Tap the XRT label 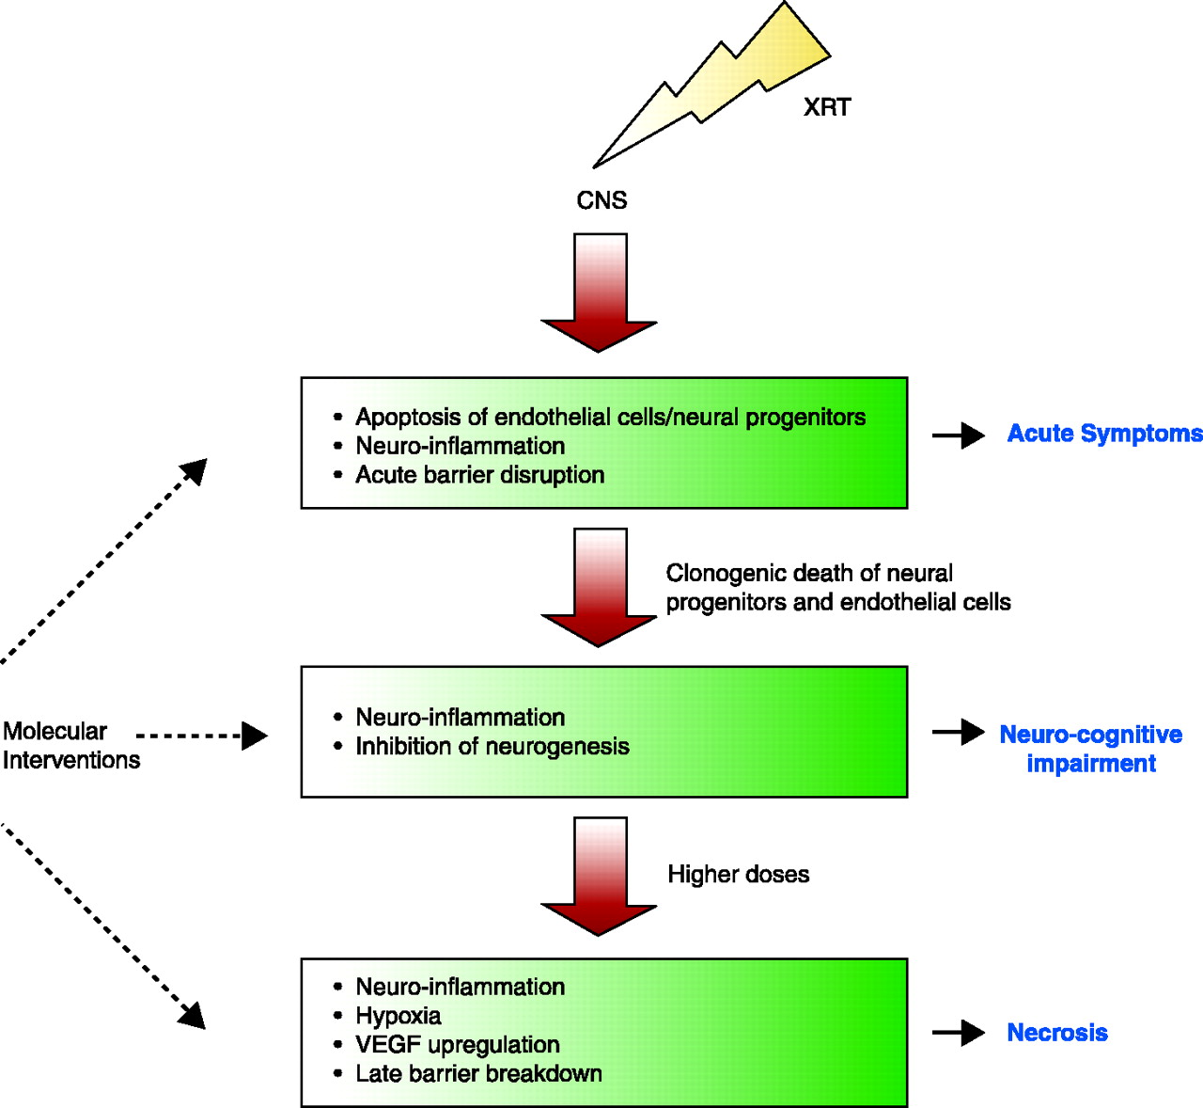[x=827, y=107]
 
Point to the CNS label [x=601, y=200]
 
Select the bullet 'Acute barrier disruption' [x=479, y=475]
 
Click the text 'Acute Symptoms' [x=1104, y=434]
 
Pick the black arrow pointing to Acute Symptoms [x=959, y=435]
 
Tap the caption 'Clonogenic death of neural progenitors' [x=837, y=588]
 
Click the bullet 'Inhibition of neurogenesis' [x=492, y=747]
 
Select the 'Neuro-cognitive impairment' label [x=1090, y=749]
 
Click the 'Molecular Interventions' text [x=70, y=746]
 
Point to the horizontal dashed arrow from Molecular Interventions [x=202, y=736]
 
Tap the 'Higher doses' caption [x=738, y=875]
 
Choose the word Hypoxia [x=398, y=1016]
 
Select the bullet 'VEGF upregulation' [x=457, y=1045]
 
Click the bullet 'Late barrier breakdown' [x=478, y=1074]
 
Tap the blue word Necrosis [x=1057, y=1033]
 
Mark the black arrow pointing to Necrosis [x=959, y=1033]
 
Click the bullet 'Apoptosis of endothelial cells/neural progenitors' [x=610, y=418]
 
